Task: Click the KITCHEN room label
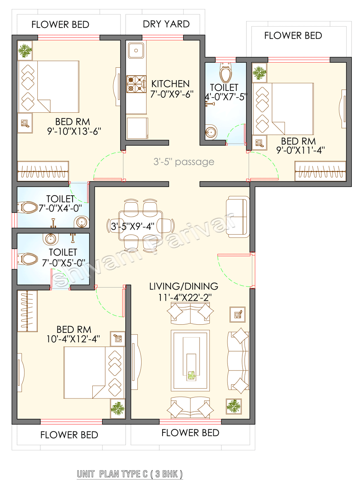(170, 84)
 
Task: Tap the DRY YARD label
(166, 24)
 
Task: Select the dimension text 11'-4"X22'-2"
(184, 296)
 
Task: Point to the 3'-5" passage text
(184, 162)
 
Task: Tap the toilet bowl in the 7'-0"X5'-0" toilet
(27, 259)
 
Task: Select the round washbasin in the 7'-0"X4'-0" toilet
(81, 222)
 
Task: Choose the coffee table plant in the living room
(191, 375)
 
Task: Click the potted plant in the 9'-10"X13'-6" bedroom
(25, 51)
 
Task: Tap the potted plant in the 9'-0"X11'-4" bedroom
(259, 72)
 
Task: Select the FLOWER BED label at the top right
(293, 35)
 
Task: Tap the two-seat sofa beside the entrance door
(238, 217)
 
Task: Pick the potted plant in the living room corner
(233, 406)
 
